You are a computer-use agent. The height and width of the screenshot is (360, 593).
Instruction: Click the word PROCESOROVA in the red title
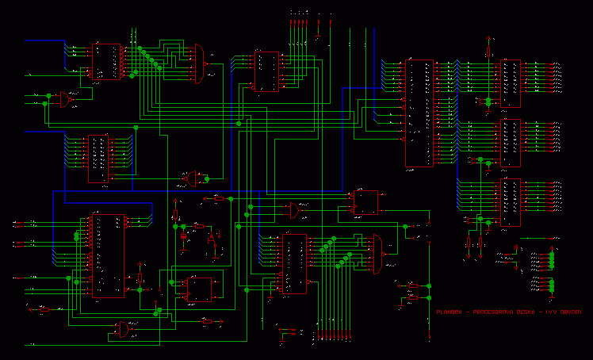point(492,312)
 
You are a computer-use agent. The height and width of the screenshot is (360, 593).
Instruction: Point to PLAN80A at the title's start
point(450,312)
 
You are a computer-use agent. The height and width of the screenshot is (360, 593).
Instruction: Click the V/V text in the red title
point(547,312)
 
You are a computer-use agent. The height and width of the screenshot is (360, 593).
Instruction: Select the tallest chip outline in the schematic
point(419,113)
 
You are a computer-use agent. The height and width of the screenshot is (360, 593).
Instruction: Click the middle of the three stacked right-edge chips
point(511,143)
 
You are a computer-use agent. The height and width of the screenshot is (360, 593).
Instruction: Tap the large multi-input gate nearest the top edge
point(197,63)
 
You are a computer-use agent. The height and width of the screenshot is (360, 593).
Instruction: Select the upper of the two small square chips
point(366,203)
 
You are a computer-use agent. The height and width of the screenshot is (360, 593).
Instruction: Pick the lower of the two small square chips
point(199,289)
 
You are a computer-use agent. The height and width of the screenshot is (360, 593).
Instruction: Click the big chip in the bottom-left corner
point(108,255)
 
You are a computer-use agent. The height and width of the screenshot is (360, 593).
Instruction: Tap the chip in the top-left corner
point(105,62)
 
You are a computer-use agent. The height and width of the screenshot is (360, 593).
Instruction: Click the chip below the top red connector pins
point(267,72)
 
